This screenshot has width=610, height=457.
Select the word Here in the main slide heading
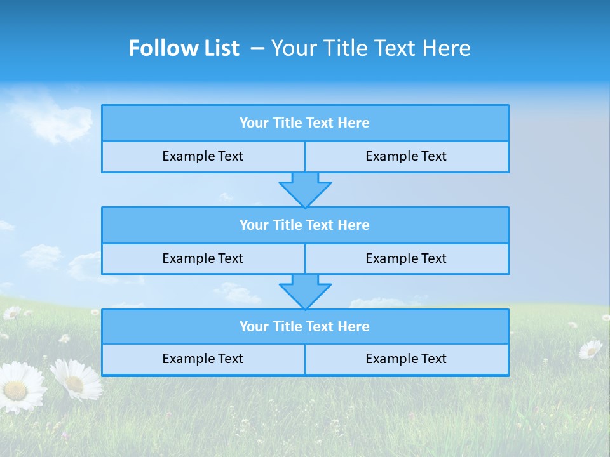tap(449, 48)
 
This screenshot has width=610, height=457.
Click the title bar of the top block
tap(305, 123)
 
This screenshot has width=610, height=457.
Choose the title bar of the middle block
tap(305, 225)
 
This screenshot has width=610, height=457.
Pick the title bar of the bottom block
tap(305, 327)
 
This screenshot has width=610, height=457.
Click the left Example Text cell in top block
tap(203, 156)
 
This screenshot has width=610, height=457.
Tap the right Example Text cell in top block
tap(407, 156)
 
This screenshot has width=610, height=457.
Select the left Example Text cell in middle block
tap(203, 258)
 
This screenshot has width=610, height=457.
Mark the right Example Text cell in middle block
tap(407, 258)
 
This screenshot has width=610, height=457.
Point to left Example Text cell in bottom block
tap(203, 359)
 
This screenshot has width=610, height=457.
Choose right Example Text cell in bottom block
tap(407, 359)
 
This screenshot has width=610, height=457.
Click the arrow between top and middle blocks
tap(305, 189)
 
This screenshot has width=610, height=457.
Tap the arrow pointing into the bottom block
tap(305, 291)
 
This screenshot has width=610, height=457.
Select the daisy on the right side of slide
tap(590, 348)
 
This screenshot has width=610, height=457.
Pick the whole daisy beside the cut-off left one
tap(76, 380)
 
